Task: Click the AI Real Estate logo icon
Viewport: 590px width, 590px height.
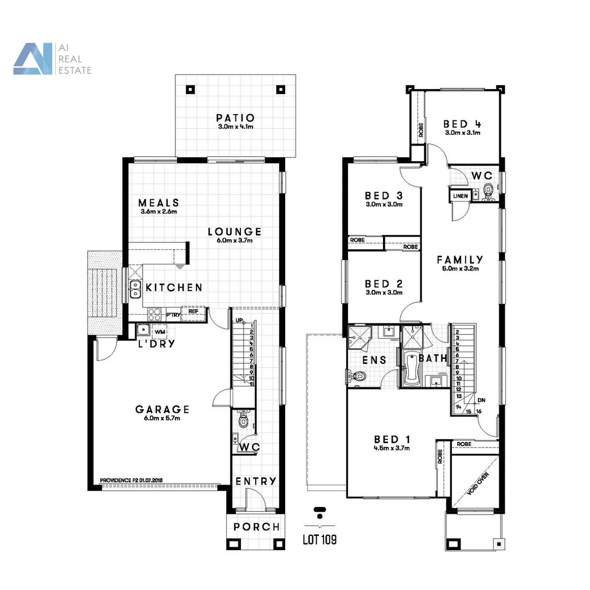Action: pos(33,59)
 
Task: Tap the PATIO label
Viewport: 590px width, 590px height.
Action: pos(235,117)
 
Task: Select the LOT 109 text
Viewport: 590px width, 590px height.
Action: pos(320,540)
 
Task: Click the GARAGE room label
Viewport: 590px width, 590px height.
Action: pos(162,409)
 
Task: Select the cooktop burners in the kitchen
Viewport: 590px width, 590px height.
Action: pos(155,314)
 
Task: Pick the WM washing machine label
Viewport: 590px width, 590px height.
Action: pos(160,332)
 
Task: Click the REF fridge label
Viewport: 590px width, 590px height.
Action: pos(193,311)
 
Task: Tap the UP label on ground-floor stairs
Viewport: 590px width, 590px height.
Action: pos(239,320)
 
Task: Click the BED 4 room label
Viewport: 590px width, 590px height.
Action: pos(462,124)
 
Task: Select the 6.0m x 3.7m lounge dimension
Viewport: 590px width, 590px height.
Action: pos(234,240)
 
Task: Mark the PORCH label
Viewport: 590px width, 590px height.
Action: pos(256,527)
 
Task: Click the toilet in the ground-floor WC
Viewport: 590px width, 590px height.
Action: pos(243,421)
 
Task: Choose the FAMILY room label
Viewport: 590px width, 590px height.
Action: pos(460,260)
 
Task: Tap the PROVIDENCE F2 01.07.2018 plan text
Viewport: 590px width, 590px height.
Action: pos(131,481)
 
